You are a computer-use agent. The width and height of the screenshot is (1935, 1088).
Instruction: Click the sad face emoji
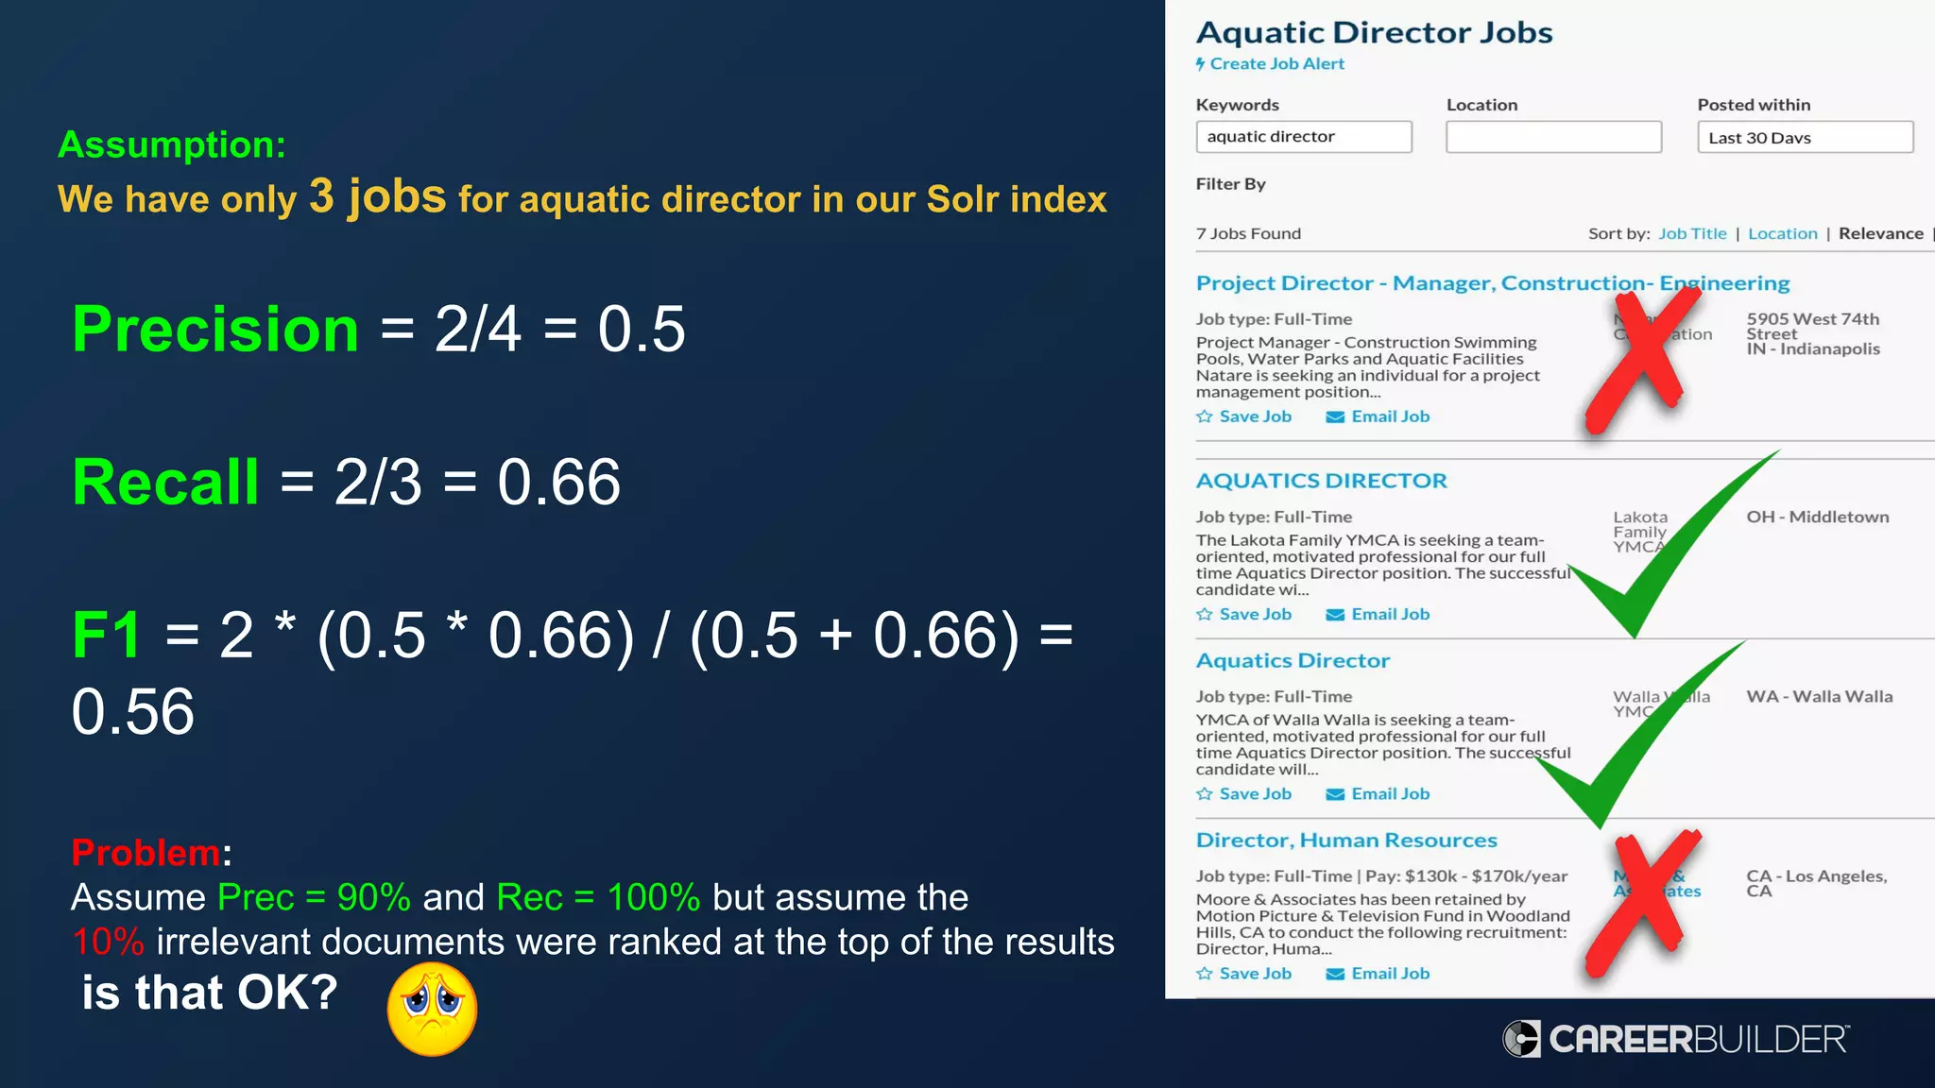point(432,1009)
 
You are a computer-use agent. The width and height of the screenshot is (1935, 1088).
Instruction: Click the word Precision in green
point(215,330)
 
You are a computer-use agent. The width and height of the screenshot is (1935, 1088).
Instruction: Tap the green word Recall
point(165,482)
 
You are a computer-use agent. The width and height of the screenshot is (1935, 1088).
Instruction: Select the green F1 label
point(106,635)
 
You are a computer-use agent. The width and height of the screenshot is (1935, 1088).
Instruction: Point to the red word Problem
point(146,853)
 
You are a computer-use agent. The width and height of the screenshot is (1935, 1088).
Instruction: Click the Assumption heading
point(172,144)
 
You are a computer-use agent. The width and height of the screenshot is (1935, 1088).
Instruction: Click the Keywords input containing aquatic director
point(1303,137)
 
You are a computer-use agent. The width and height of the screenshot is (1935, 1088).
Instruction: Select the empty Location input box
point(1553,137)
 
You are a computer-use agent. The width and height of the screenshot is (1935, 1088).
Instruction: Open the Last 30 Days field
point(1805,137)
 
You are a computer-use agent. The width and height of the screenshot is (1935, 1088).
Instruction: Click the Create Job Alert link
point(1276,64)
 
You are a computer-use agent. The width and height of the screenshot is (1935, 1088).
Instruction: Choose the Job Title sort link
point(1692,233)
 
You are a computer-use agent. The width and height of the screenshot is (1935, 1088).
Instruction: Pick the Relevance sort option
point(1880,233)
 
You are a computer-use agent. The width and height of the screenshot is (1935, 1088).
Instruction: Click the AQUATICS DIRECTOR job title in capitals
point(1321,481)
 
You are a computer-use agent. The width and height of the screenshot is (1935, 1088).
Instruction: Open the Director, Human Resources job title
point(1346,841)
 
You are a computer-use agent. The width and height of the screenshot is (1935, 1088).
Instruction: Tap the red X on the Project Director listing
point(1643,359)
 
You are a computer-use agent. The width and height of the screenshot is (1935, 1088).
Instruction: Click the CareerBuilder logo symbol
point(1521,1039)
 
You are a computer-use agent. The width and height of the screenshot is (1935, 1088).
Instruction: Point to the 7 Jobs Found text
point(1248,233)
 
